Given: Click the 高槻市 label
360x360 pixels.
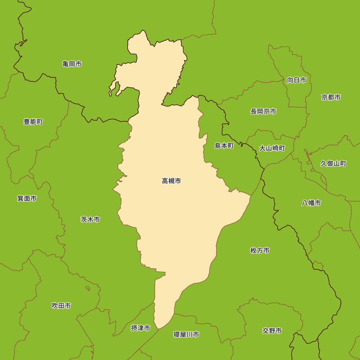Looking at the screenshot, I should pos(171,181).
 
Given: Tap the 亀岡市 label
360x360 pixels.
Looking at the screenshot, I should pos(72,64).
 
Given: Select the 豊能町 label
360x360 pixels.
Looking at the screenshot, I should pos(33,122).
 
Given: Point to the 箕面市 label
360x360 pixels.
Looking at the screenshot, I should pos(27,198).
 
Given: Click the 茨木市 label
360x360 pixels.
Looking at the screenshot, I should pos(90,219).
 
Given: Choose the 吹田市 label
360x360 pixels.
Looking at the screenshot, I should pos(61,306).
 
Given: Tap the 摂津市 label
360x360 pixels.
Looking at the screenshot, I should pos(140,328).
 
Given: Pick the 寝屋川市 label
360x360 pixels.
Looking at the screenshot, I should pos(186,334).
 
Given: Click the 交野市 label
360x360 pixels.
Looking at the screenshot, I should pos(272,331).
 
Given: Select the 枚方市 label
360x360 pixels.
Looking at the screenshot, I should pos(260,251).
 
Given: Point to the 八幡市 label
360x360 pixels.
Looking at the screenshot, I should pos(311,203).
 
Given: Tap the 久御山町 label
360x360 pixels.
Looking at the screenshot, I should pos(333,164).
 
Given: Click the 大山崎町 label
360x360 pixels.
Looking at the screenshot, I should pos(272,148).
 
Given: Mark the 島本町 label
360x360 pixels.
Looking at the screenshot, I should pos(224,146).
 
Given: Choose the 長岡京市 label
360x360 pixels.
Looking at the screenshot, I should pos(264,112).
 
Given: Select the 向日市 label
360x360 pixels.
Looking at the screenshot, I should pos(297,80).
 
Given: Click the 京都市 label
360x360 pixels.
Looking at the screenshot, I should pos(331,97).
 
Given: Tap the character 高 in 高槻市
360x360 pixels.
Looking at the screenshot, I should pos(165,181).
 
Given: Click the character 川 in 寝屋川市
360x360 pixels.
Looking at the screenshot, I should pos(189,334).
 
